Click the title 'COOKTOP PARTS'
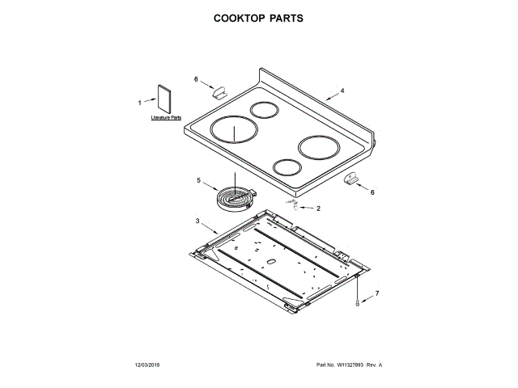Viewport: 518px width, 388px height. click(x=259, y=17)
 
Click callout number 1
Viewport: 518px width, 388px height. click(x=139, y=103)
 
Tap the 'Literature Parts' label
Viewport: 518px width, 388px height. click(x=166, y=118)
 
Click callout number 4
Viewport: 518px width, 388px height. click(x=342, y=91)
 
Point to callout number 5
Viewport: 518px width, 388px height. click(x=198, y=180)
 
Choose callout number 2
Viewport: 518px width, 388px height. click(x=318, y=208)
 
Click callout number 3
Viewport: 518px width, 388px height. click(x=197, y=220)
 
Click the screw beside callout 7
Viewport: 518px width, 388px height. click(x=357, y=299)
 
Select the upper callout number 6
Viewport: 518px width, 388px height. click(x=196, y=79)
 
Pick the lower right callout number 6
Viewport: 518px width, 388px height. click(x=372, y=192)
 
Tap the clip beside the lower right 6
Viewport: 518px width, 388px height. click(x=350, y=179)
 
